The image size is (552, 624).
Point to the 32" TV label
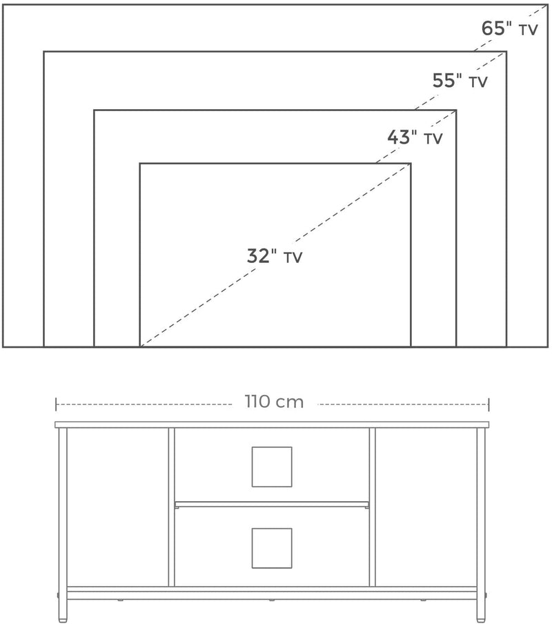pos(275,256)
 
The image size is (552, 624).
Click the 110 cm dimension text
pos(274,402)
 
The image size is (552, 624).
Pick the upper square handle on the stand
pos(271,467)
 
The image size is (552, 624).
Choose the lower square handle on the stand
pos(271,548)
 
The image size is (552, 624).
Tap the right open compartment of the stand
pos(426,507)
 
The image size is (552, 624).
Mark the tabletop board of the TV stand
pos(272,425)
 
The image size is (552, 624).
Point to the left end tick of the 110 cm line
pos(56,403)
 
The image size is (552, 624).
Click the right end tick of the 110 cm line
pos(489,403)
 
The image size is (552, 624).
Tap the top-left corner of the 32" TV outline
pos(140,164)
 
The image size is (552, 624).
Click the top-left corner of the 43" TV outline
pos(95,110)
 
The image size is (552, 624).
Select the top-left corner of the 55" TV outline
pos(44,52)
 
